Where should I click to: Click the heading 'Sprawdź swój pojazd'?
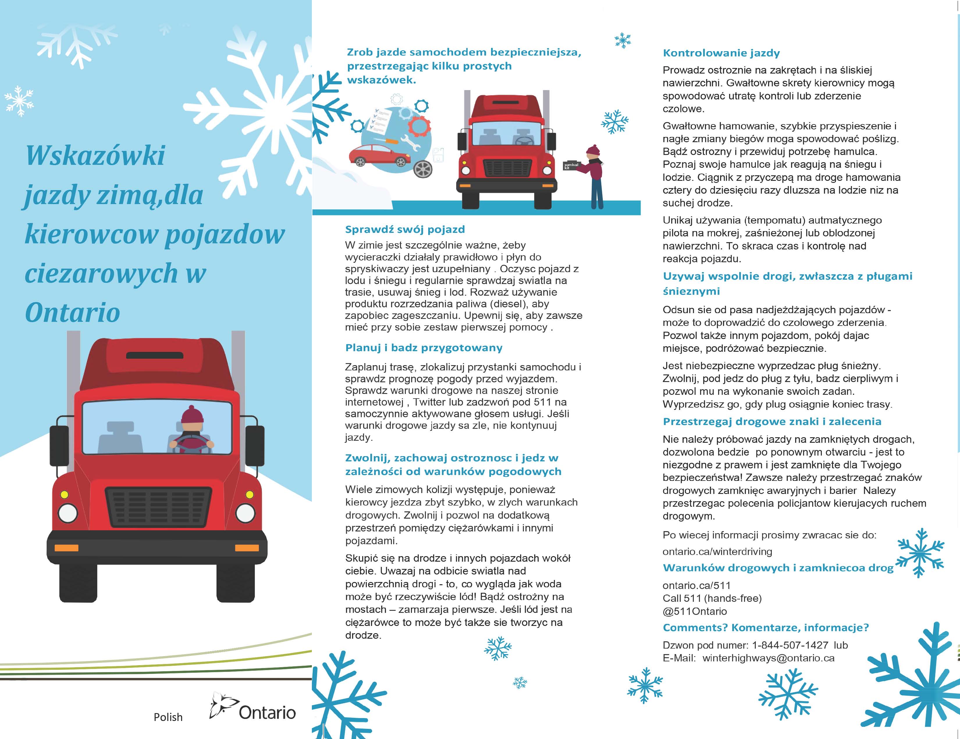coord(405,229)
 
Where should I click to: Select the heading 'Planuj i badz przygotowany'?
coord(424,348)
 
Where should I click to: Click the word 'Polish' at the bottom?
coord(168,717)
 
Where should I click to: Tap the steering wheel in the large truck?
coord(192,444)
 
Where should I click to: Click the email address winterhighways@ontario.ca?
coord(768,658)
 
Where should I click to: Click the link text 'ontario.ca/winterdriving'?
coord(717,551)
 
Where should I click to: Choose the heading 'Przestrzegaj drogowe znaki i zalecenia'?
coord(772,422)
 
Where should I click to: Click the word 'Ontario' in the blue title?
coord(72,313)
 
